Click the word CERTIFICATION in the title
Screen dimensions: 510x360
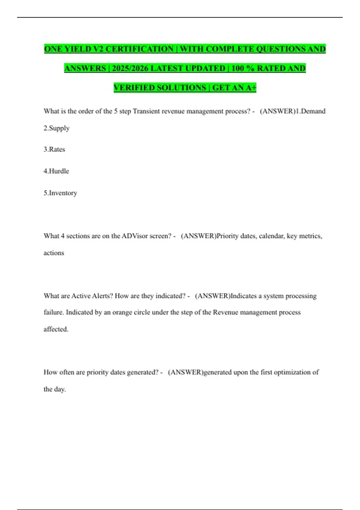pyautogui.click(x=139, y=49)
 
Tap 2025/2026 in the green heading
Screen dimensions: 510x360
pyautogui.click(x=130, y=68)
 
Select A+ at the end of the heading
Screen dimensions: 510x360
pyautogui.click(x=251, y=88)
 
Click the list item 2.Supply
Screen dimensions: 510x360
pyautogui.click(x=56, y=128)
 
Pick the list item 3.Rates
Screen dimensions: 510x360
pyautogui.click(x=54, y=149)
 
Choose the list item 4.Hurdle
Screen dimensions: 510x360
pyautogui.click(x=56, y=171)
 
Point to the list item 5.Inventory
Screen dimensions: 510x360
pyautogui.click(x=60, y=193)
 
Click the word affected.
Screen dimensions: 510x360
pyautogui.click(x=56, y=329)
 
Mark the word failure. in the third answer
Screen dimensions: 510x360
pyautogui.click(x=54, y=312)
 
